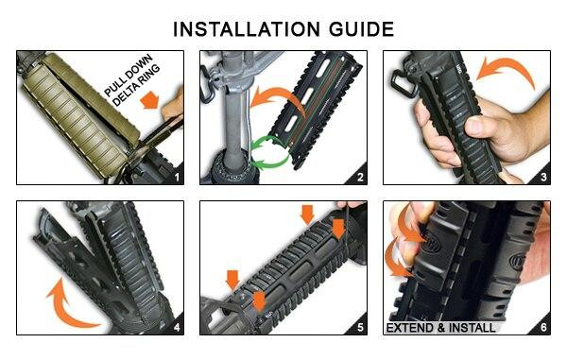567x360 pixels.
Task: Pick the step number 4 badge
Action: click(174, 327)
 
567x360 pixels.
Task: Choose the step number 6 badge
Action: click(542, 327)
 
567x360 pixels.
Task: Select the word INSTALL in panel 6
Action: click(485, 328)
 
